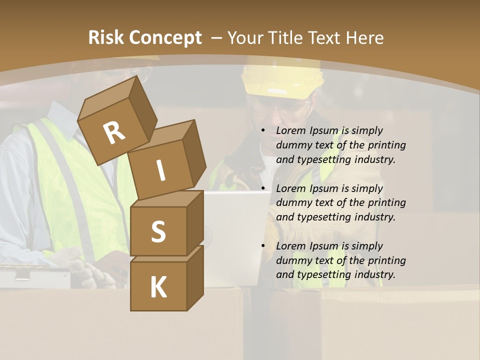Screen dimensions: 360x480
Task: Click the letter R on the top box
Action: pos(114,132)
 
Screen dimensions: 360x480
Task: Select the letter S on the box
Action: pos(158,231)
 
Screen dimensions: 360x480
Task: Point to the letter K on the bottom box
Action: pos(158,287)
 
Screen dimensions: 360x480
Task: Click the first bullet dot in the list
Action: pos(263,131)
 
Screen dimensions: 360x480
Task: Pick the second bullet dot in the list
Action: pos(263,189)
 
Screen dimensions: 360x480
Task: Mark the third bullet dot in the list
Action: pos(263,246)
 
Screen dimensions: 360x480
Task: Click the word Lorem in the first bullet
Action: pos(290,131)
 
